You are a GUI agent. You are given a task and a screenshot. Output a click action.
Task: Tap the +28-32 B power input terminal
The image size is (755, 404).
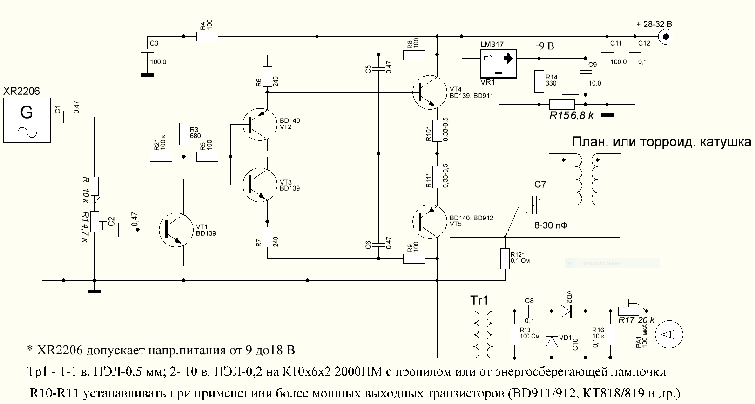pos(666,37)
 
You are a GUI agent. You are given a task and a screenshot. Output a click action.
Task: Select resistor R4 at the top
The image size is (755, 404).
pos(207,36)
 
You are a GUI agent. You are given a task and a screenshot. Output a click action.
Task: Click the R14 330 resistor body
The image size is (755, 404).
pos(539,81)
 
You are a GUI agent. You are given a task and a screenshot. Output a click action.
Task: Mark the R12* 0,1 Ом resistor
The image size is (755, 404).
pos(505,259)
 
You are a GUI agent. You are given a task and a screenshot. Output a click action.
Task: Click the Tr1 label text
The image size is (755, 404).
pos(479,300)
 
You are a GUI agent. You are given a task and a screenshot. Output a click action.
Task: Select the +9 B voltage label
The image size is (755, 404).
pos(544,46)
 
